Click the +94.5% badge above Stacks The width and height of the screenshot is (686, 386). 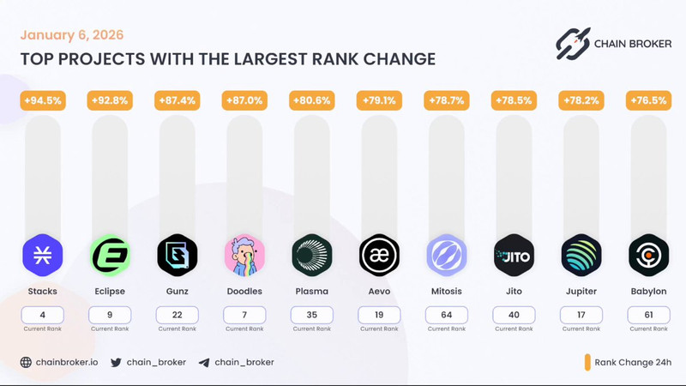click(42, 100)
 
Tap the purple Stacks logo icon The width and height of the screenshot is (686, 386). click(42, 255)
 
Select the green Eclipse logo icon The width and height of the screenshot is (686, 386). click(110, 255)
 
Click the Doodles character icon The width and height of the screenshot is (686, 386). click(244, 255)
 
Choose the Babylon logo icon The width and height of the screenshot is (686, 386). click(648, 255)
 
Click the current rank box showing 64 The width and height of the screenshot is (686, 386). click(447, 315)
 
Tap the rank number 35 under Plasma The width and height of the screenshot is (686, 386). click(312, 315)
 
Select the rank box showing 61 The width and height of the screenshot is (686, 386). click(648, 315)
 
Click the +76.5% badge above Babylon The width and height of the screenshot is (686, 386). click(648, 100)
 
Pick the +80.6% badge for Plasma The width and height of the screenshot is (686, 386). click(312, 100)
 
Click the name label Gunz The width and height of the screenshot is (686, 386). click(178, 292)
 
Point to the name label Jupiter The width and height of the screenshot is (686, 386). click(581, 292)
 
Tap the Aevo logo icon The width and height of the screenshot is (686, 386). click(379, 255)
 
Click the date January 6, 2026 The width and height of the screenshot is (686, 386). click(72, 35)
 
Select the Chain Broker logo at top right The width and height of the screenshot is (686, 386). click(608, 44)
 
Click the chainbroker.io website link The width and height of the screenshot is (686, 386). click(66, 362)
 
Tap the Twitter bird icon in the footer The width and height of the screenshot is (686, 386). click(116, 362)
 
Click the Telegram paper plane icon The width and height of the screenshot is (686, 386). click(203, 362)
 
